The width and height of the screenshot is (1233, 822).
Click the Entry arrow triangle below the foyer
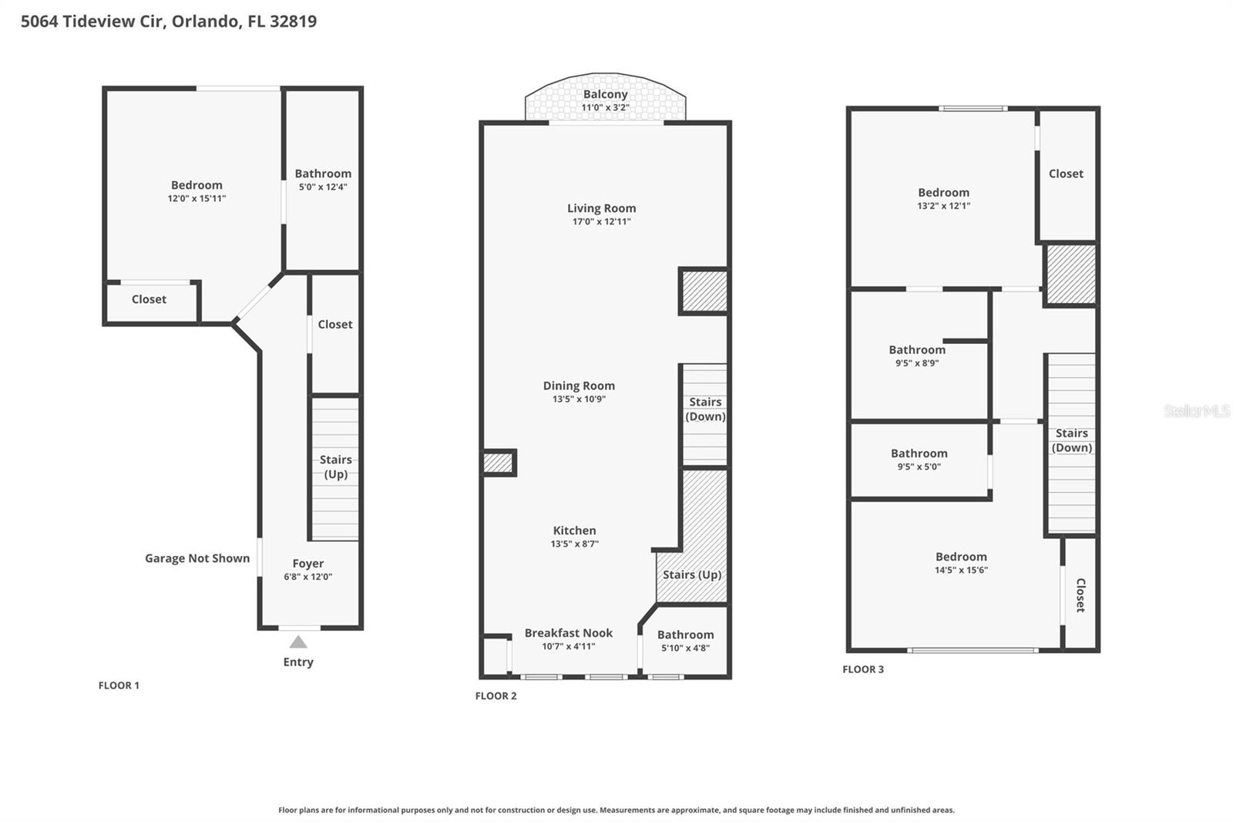pyautogui.click(x=298, y=642)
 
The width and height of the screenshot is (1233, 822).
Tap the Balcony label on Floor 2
pyautogui.click(x=605, y=94)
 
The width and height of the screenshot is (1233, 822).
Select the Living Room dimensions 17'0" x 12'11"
pyautogui.click(x=601, y=221)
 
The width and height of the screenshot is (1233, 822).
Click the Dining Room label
pyautogui.click(x=579, y=386)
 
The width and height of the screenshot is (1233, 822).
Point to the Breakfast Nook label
pyautogui.click(x=569, y=633)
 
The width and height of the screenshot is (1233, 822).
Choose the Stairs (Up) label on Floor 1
pyautogui.click(x=335, y=467)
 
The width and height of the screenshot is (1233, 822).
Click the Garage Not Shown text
pyautogui.click(x=197, y=558)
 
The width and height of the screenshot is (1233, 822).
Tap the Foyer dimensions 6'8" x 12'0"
pyautogui.click(x=307, y=577)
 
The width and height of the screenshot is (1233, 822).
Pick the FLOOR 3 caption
pyautogui.click(x=863, y=669)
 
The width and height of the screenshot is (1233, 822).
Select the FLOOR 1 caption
pyautogui.click(x=119, y=686)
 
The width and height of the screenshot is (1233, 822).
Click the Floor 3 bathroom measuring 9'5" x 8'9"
pyautogui.click(x=917, y=355)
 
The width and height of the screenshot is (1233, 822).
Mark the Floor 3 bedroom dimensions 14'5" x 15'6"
pyautogui.click(x=961, y=570)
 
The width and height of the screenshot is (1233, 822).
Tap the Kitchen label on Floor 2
pyautogui.click(x=574, y=531)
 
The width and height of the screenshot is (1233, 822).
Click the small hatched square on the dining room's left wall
pyautogui.click(x=498, y=463)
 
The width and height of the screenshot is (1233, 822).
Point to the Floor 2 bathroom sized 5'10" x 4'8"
pyautogui.click(x=685, y=641)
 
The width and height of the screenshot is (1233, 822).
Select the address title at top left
pyautogui.click(x=169, y=21)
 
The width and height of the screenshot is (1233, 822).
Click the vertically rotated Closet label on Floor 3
pyautogui.click(x=1080, y=595)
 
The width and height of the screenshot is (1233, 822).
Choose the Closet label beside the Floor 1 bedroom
pyautogui.click(x=149, y=299)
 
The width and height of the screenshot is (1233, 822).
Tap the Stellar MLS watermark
pyautogui.click(x=1196, y=411)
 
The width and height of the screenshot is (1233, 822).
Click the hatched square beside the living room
pyautogui.click(x=704, y=291)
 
